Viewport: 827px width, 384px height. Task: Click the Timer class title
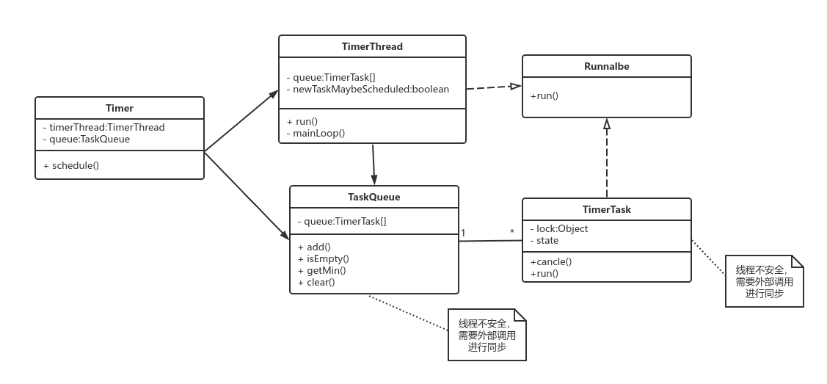click(x=119, y=108)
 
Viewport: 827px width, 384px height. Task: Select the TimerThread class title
click(x=372, y=46)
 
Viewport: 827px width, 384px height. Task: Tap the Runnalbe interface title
click(x=607, y=67)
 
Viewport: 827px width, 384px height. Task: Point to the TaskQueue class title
click(x=374, y=197)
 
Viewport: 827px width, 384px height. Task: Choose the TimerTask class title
click(x=607, y=209)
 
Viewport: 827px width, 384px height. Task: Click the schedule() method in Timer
click(x=71, y=165)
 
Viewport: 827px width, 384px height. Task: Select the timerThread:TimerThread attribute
click(x=104, y=127)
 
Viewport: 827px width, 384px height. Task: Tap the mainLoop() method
click(x=316, y=133)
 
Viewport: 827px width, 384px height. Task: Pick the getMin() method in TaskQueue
click(x=321, y=271)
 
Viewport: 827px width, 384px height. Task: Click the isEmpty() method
click(x=324, y=258)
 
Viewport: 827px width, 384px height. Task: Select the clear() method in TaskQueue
click(x=316, y=282)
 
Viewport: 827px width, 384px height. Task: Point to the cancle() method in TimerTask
click(x=551, y=261)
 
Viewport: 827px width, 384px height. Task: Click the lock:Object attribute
click(x=559, y=228)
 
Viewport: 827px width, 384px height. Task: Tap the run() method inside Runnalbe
click(x=544, y=96)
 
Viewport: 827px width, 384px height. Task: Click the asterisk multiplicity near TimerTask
click(x=511, y=232)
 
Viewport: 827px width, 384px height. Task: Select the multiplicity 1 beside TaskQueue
click(x=463, y=233)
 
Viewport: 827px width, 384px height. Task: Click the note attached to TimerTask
click(x=764, y=281)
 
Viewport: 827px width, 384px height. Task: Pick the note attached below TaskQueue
click(x=487, y=335)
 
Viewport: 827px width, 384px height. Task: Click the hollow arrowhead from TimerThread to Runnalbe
click(x=515, y=86)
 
